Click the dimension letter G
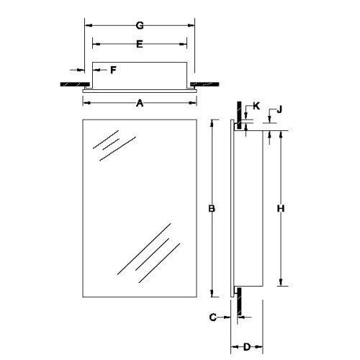coord(140,25)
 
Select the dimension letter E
coord(140,44)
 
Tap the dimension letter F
coord(113,70)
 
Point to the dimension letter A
coord(140,103)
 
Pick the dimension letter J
coord(279,109)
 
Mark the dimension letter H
coord(282,209)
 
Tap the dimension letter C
coord(213,316)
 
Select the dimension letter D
coord(246,347)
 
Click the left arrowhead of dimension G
coord(89,25)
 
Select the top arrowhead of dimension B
coord(212,124)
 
